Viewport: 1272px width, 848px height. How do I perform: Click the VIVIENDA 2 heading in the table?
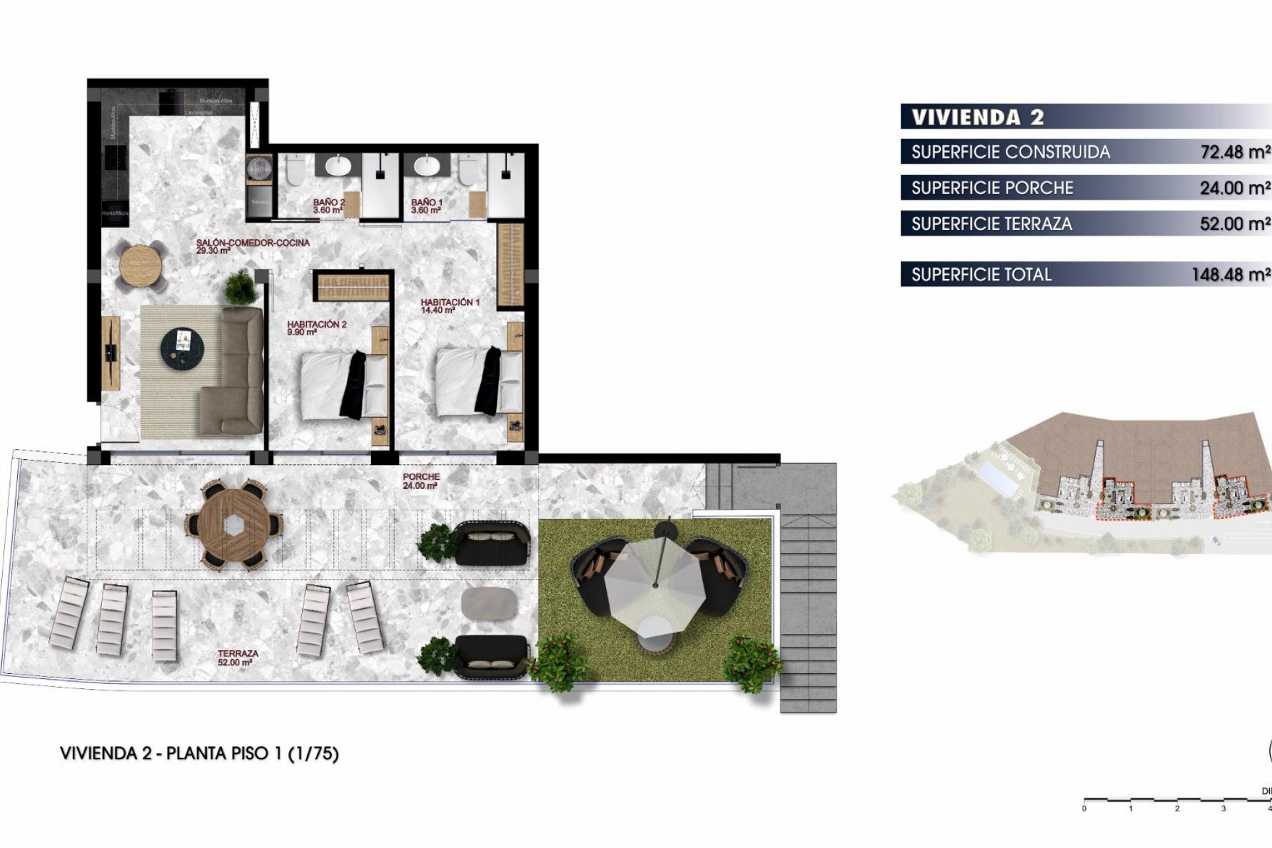pyautogui.click(x=978, y=117)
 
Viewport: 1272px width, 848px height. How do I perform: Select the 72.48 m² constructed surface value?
pyautogui.click(x=1234, y=152)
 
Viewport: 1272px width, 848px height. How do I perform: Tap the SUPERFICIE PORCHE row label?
pyautogui.click(x=992, y=188)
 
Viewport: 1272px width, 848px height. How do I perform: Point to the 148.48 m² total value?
pyautogui.click(x=1230, y=275)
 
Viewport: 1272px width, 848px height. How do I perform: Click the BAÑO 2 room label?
pyautogui.click(x=329, y=206)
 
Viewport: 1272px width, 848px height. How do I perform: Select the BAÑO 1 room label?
pyautogui.click(x=426, y=206)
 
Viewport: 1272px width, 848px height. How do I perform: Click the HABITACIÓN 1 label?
pyautogui.click(x=450, y=305)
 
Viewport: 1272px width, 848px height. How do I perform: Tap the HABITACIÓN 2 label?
pyautogui.click(x=317, y=328)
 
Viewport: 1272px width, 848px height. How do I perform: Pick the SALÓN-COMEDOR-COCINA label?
pyautogui.click(x=252, y=246)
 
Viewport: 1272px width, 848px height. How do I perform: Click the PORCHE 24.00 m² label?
pyautogui.click(x=421, y=481)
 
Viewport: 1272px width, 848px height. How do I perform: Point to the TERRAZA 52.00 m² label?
pyautogui.click(x=238, y=657)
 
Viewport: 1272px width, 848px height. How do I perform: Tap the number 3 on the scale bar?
pyautogui.click(x=1223, y=808)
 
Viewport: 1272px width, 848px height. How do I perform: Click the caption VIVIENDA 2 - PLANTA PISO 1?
pyautogui.click(x=199, y=753)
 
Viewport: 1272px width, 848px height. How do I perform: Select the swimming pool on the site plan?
pyautogui.click(x=1000, y=478)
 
